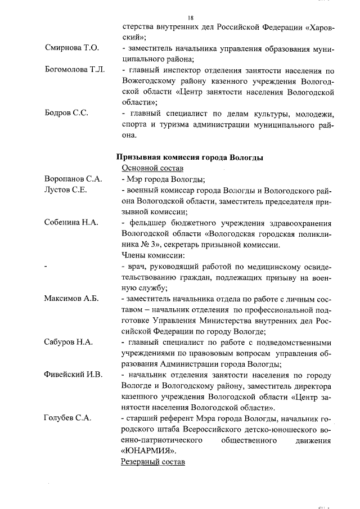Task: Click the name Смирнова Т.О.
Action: (x=71, y=49)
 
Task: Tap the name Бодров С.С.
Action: (x=66, y=114)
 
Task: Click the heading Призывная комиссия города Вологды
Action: (x=190, y=157)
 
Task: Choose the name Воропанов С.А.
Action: (x=73, y=179)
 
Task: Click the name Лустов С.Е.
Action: (x=65, y=190)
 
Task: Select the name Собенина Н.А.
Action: (x=71, y=222)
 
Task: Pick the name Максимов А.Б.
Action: (x=71, y=298)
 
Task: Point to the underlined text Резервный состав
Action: (x=152, y=462)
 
